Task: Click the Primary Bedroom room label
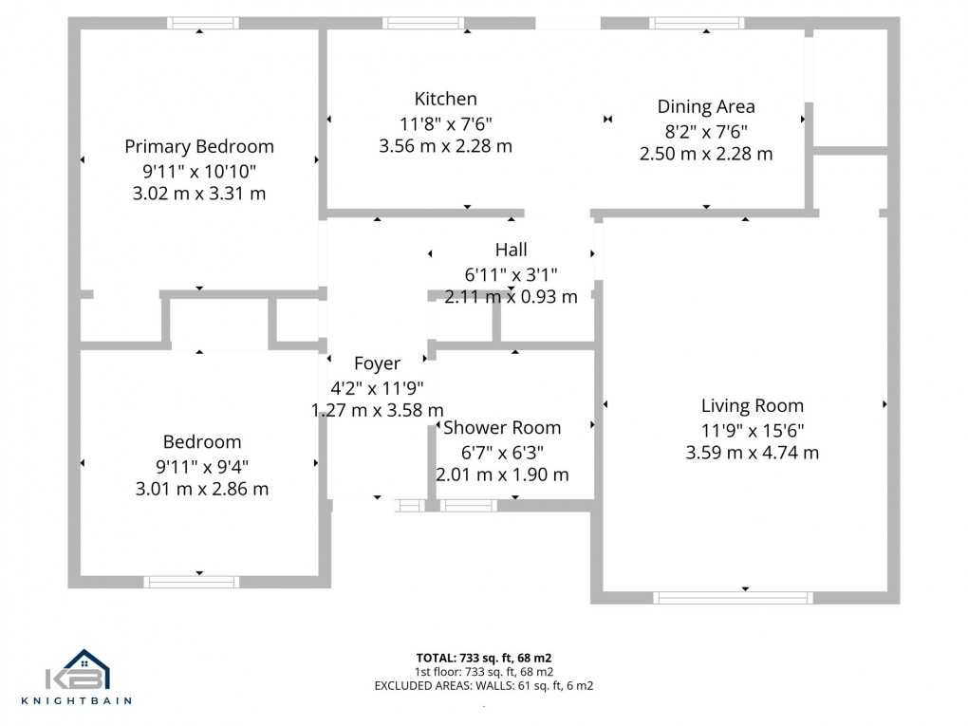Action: point(199,146)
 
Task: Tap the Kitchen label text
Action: point(445,99)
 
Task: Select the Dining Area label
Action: point(706,106)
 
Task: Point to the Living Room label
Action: point(752,406)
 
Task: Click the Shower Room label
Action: point(502,428)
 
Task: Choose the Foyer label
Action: point(377,363)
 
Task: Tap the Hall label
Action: point(511,250)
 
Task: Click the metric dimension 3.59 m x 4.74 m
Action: point(752,453)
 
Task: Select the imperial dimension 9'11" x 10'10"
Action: point(199,171)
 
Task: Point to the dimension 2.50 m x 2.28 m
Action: point(706,154)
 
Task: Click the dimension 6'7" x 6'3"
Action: point(502,452)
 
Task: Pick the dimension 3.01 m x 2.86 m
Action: point(202,489)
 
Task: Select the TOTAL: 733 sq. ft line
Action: point(484,658)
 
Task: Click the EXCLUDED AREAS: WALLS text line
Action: point(484,685)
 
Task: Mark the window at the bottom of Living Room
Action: point(732,598)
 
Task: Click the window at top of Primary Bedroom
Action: point(203,23)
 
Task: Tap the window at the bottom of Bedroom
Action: point(190,582)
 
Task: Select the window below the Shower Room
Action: point(468,506)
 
